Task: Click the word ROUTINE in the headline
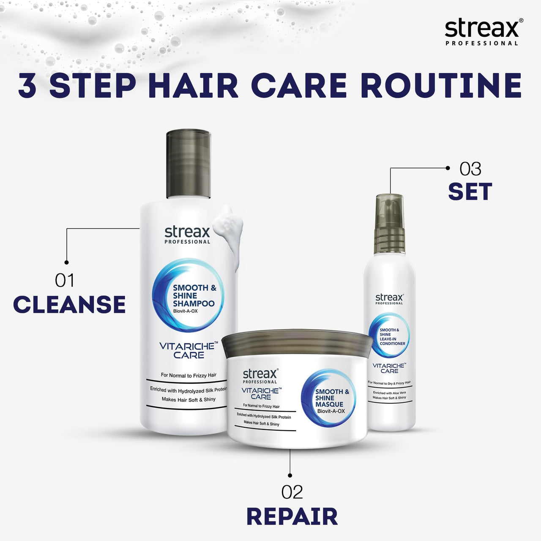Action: tap(441, 86)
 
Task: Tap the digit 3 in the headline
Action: tap(27, 86)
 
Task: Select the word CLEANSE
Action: tap(69, 305)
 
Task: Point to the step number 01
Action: tap(64, 281)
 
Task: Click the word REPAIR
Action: tap(292, 516)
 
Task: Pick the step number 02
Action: tap(292, 492)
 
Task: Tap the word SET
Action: tap(470, 192)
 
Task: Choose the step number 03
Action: tap(470, 169)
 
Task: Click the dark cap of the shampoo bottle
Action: tap(189, 164)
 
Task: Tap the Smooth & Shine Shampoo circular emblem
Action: tap(188, 295)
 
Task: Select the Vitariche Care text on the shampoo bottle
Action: tap(189, 350)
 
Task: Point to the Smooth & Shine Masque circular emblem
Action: tap(329, 398)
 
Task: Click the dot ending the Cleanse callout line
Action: tap(66, 262)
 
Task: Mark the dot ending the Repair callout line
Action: tap(290, 475)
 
